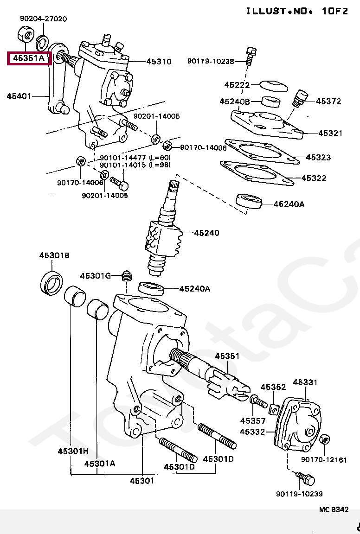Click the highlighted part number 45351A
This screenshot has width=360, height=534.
click(x=28, y=58)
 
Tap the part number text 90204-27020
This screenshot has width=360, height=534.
click(x=43, y=19)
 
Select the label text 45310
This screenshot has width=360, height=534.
click(x=159, y=61)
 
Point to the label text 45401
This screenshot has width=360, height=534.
click(x=19, y=96)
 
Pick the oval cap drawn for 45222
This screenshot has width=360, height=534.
click(x=273, y=86)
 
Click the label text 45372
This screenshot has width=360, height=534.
click(x=328, y=101)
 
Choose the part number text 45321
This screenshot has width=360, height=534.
click(x=330, y=133)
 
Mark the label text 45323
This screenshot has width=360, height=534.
click(x=318, y=158)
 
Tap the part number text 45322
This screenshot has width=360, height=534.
click(x=314, y=178)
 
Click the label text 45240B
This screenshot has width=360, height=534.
click(x=235, y=102)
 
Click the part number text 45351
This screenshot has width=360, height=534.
click(x=227, y=356)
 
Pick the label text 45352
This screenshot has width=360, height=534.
click(x=273, y=387)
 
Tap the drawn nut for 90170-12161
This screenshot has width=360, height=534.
click(x=325, y=439)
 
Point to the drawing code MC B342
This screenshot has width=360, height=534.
click(x=333, y=509)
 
